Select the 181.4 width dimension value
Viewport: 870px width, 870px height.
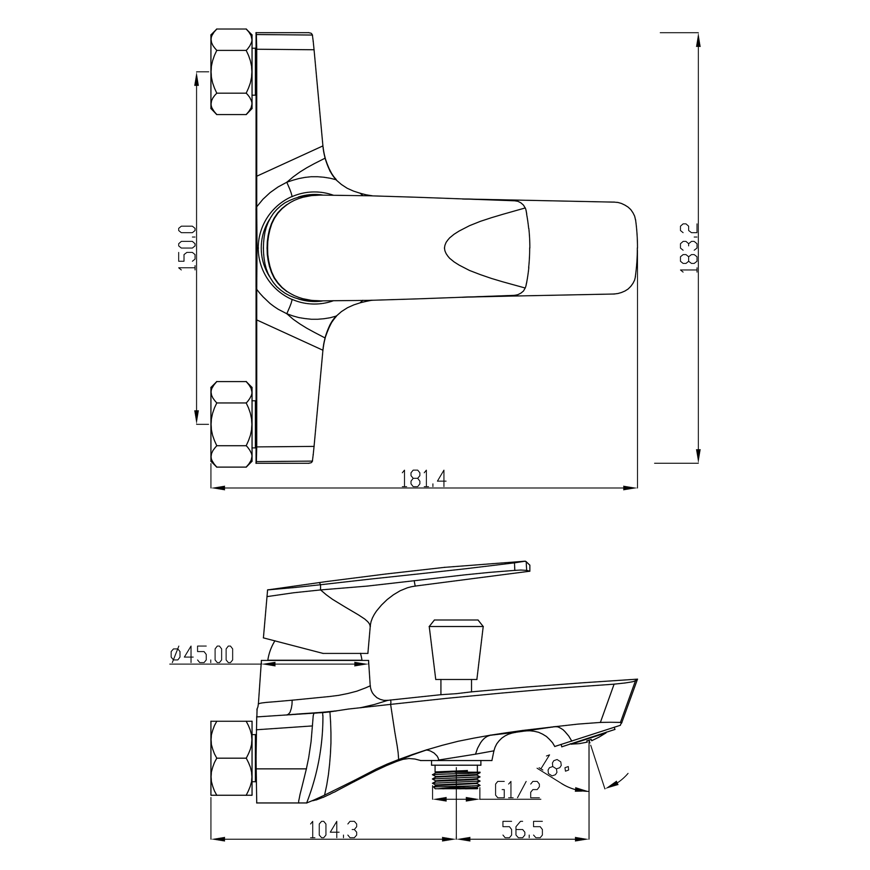click(423, 479)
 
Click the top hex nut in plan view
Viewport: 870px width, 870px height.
click(231, 71)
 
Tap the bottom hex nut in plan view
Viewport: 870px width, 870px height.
click(231, 424)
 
